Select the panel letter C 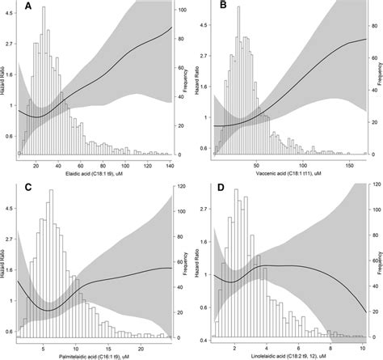29,189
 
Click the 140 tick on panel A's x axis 170,164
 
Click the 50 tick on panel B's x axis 256,164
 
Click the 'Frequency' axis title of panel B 379,81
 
